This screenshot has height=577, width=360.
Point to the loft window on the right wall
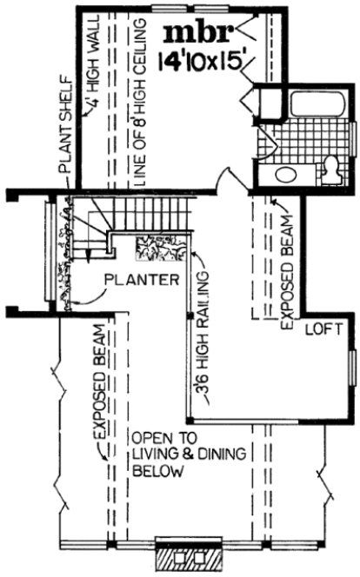point(351,373)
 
